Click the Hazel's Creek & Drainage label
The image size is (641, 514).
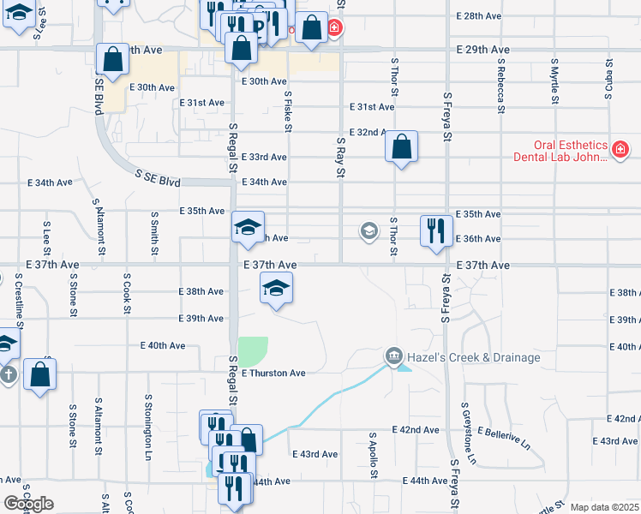click(x=474, y=356)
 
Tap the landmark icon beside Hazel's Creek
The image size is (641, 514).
click(x=393, y=356)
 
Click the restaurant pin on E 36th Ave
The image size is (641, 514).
click(x=436, y=231)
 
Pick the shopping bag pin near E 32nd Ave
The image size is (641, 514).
click(x=401, y=148)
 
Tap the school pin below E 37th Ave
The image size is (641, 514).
click(x=276, y=289)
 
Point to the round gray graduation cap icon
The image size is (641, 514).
click(x=368, y=230)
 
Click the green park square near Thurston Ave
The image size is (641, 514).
click(x=253, y=351)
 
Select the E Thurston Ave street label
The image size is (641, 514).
click(x=273, y=374)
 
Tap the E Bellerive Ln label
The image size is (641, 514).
click(x=505, y=438)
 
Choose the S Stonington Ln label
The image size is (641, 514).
click(x=148, y=420)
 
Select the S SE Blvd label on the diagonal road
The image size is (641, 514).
click(x=158, y=177)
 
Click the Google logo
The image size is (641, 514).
click(x=28, y=504)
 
